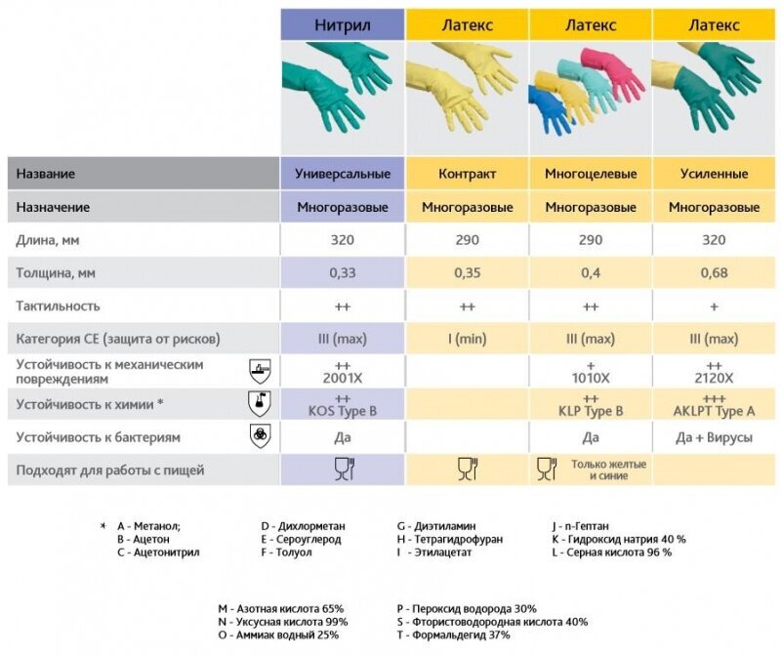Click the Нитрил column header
tap(343, 24)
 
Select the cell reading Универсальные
tap(343, 174)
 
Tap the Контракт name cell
tap(467, 174)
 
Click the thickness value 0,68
tap(714, 272)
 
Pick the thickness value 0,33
tap(343, 272)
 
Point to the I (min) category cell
tap(467, 339)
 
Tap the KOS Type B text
tap(343, 411)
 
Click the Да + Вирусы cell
tap(714, 438)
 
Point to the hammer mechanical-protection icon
tap(260, 370)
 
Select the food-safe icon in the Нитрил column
tap(343, 470)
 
